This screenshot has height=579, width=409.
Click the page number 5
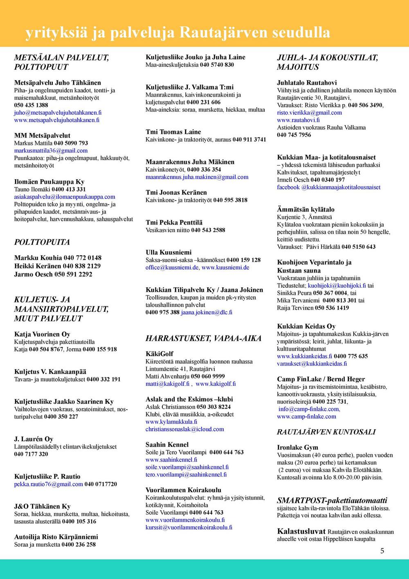coord(382,551)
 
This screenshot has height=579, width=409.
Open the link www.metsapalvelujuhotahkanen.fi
coord(57,120)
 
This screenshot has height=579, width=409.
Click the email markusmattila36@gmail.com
coord(51,151)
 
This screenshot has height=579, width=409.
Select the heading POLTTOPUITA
coord(42,242)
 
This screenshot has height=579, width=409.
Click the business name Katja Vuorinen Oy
coord(42,334)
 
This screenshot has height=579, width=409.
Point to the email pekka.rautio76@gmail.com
coord(49,484)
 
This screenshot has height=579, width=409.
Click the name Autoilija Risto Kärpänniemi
coord(56,537)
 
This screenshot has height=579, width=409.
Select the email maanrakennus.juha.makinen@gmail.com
coord(197,177)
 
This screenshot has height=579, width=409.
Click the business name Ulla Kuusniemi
coord(169,252)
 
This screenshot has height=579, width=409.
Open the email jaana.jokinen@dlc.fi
coord(207,312)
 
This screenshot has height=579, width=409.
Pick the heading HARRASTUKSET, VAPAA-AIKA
coord(203,338)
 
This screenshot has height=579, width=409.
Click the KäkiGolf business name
coord(160,354)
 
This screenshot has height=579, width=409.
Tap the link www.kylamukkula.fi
coord(171,422)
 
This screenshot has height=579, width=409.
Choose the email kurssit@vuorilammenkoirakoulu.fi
coord(189,527)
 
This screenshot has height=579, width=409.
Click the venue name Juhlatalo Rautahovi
coord(307,83)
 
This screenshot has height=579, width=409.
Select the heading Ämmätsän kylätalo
coord(306,210)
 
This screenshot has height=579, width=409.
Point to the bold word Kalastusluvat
coord(301,532)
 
